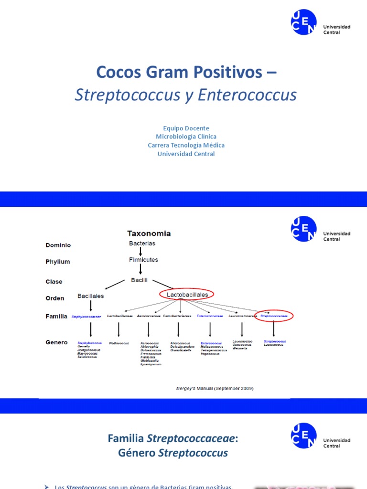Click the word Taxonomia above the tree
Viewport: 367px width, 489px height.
(149, 234)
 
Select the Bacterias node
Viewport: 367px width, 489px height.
(142, 243)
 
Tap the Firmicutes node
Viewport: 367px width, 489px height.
(143, 260)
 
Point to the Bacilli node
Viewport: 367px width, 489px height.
(140, 280)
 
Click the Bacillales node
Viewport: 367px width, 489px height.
(90, 296)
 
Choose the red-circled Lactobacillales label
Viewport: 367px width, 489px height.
(187, 295)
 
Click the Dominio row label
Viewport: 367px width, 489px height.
(58, 245)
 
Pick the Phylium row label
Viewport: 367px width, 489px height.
(57, 262)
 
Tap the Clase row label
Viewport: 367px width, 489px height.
(54, 282)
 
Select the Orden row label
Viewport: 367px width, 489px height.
(55, 298)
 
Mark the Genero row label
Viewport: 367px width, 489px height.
(56, 342)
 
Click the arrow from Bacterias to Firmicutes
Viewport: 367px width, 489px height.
(140, 251)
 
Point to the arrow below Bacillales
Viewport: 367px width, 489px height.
(90, 307)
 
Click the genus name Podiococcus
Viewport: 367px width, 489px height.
(118, 343)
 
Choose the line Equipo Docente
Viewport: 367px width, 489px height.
(186, 128)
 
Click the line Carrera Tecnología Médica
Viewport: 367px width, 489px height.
(186, 145)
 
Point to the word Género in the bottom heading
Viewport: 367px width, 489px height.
(137, 453)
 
